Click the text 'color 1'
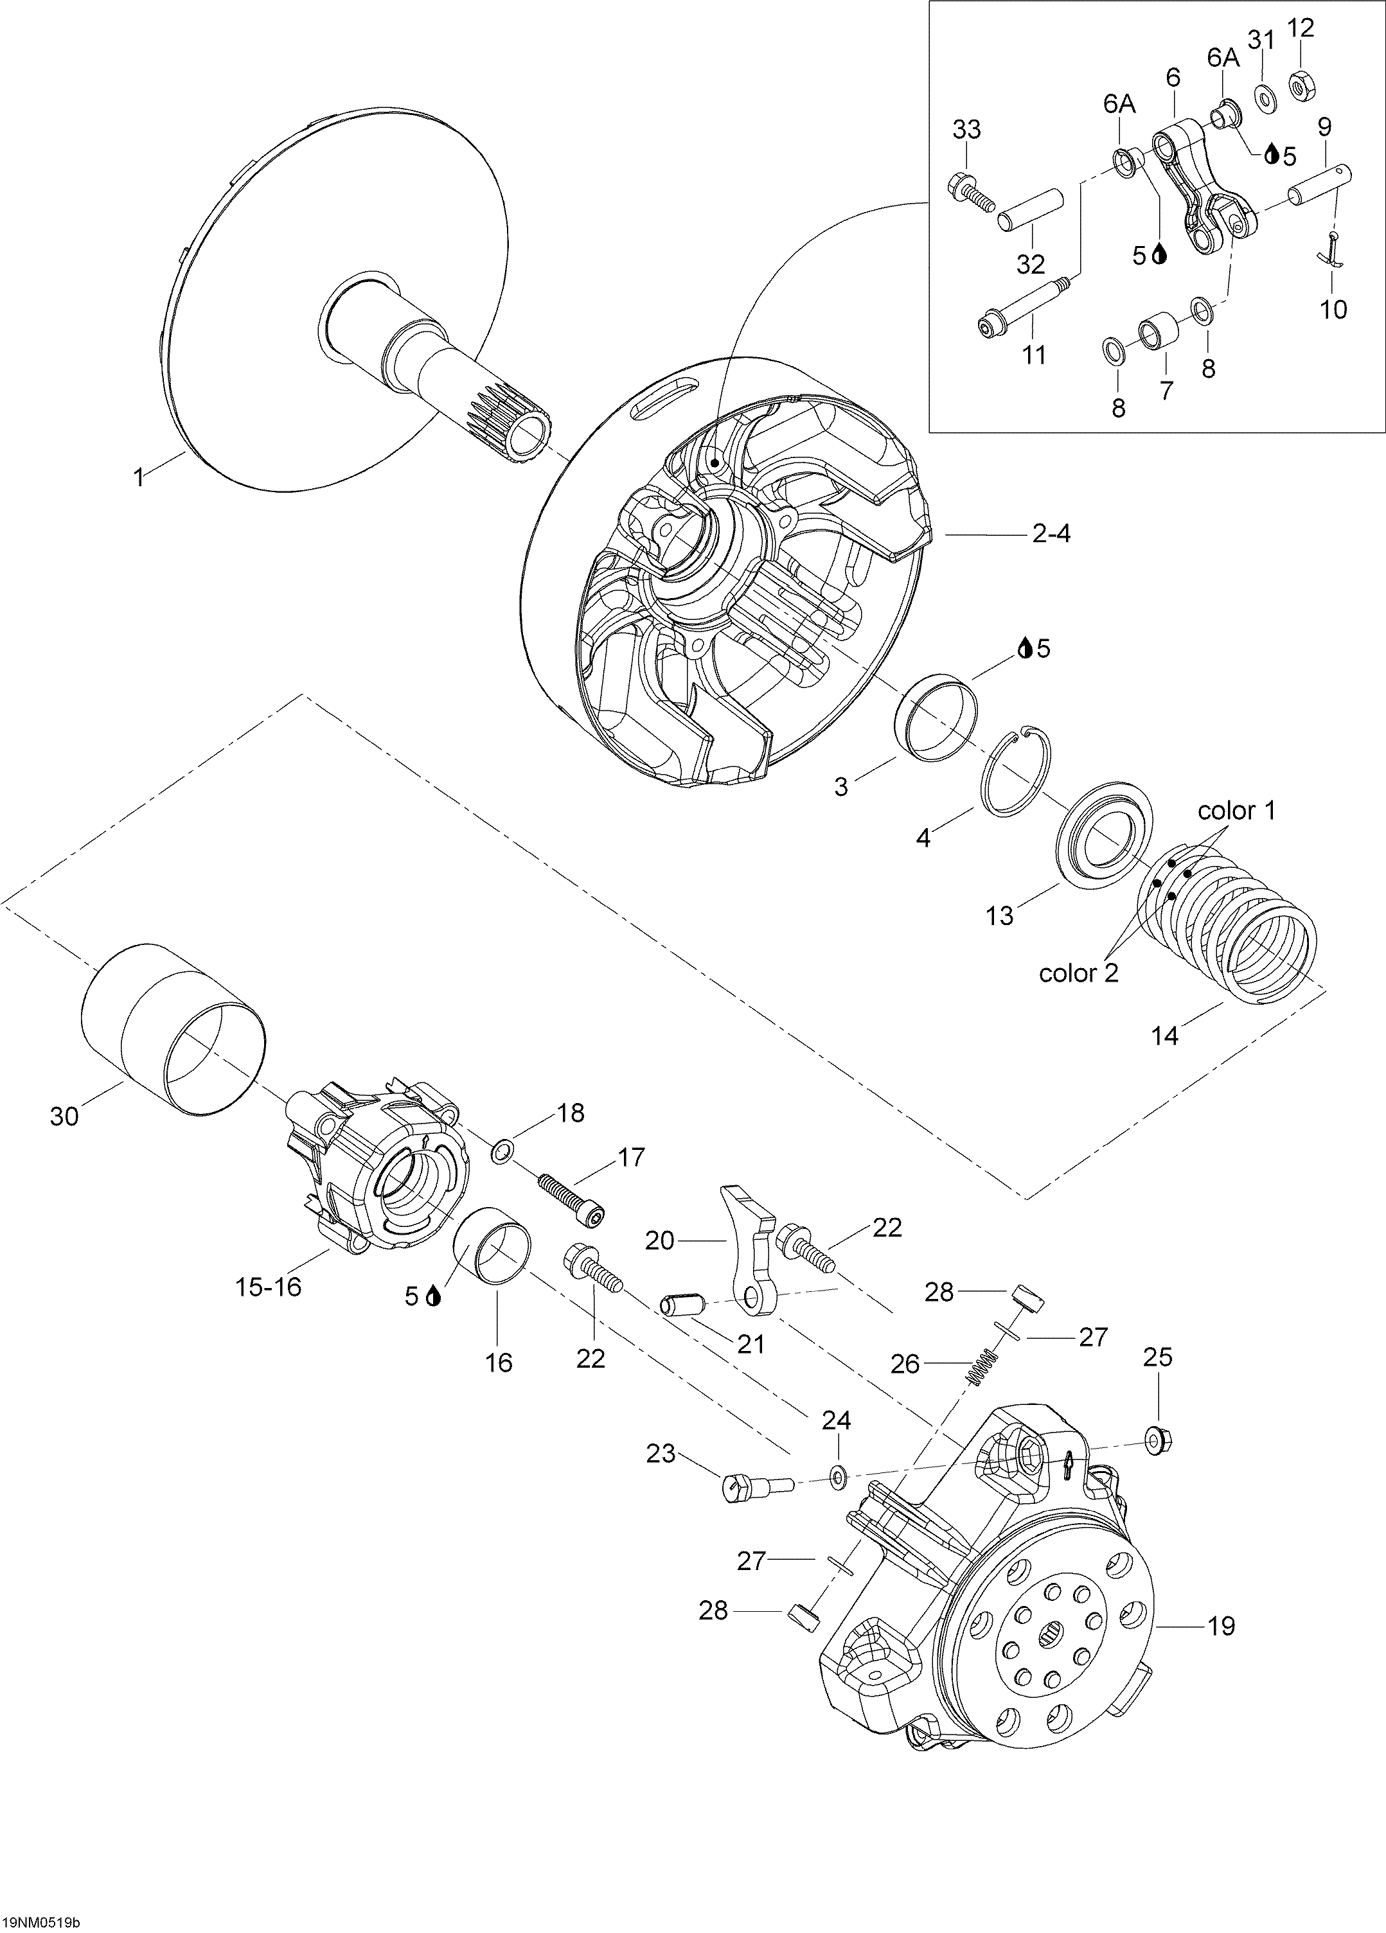(1237, 811)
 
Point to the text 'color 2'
(1078, 973)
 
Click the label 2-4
(1051, 534)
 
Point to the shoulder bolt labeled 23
(758, 1488)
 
